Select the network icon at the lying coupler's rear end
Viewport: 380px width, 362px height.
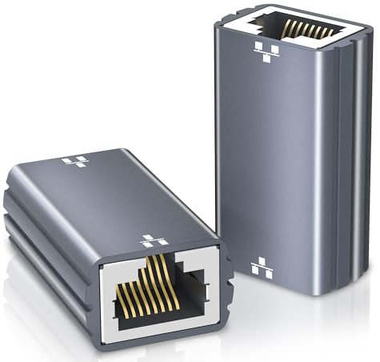tap(76, 162)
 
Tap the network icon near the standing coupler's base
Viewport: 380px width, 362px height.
tap(262, 267)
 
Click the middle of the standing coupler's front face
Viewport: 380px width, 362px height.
tap(276, 160)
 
